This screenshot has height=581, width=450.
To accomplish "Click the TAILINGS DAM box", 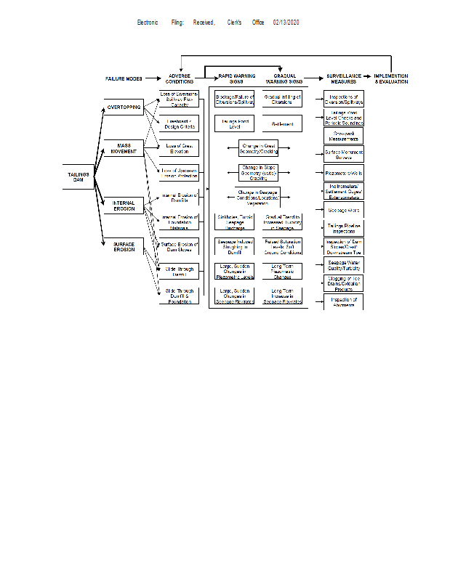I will point(79,178).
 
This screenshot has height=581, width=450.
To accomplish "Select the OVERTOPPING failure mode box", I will point(124,107).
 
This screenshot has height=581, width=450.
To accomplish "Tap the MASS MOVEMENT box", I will point(124,149).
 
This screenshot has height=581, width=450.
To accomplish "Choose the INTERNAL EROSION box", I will point(124,206).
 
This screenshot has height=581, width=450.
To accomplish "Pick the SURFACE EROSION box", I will point(124,247).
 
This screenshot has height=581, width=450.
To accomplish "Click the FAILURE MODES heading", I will point(124,78).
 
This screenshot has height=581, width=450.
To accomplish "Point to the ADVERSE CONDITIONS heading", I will point(180,78).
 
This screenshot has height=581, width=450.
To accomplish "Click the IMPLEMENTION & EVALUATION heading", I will point(391,78).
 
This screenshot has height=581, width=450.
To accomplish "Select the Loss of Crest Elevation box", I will point(178,149).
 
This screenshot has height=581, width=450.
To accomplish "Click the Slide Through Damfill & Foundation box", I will point(178,295).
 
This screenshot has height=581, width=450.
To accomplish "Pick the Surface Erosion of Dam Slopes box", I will point(178,247).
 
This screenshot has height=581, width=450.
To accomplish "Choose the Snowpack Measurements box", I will point(343,136).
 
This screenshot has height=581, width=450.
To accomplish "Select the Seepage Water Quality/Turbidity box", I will point(343,264).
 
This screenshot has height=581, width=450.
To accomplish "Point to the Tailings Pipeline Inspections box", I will point(343,228).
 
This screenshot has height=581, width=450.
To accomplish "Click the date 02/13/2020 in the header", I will point(286,23).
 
